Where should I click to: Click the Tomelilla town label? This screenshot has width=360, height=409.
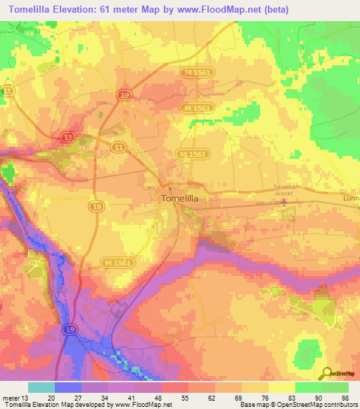coord(180,199)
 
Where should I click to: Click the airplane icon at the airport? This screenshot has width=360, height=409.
coord(284,202)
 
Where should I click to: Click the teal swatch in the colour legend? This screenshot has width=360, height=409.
coord(41,387)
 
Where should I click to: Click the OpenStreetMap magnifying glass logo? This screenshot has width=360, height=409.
coord(326,374)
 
